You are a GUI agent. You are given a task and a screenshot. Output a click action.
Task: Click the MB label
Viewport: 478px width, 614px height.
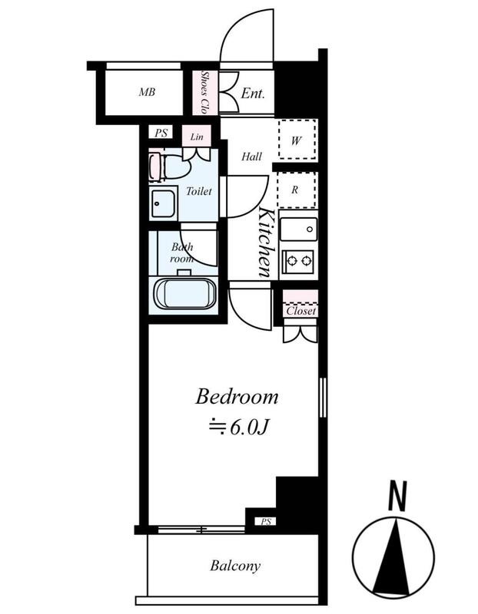point(147,92)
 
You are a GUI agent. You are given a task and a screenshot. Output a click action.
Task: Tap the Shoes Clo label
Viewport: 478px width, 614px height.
point(204,92)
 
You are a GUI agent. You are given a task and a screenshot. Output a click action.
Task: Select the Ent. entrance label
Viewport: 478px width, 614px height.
point(253,93)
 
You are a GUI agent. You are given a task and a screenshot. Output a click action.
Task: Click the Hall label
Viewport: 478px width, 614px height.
point(251,157)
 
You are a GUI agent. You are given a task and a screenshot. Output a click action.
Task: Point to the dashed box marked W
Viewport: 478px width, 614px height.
point(297,140)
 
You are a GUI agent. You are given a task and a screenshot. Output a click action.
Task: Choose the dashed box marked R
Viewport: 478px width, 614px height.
point(297,190)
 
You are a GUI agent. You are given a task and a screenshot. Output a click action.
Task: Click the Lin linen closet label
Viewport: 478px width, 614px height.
point(197,137)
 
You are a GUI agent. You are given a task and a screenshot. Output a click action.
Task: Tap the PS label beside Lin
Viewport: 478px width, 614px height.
point(161,133)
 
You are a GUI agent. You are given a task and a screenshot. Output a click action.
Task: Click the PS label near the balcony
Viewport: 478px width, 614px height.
point(266,522)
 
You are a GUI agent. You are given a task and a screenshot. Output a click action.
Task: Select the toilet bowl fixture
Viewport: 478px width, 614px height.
point(169,167)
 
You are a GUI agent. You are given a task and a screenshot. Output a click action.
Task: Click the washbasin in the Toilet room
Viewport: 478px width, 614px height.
point(163,203)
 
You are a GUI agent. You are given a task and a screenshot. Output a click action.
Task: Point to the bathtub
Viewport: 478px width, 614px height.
point(185,294)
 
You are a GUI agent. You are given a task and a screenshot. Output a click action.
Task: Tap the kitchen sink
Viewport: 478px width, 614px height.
point(298,229)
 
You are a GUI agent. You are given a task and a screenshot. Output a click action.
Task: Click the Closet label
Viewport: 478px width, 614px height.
point(300,312)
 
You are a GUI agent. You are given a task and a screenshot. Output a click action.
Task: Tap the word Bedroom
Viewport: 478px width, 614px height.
point(237,396)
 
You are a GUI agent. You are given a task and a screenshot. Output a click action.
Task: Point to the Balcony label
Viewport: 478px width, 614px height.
point(235,566)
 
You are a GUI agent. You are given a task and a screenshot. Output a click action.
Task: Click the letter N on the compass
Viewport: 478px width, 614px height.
point(397,496)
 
